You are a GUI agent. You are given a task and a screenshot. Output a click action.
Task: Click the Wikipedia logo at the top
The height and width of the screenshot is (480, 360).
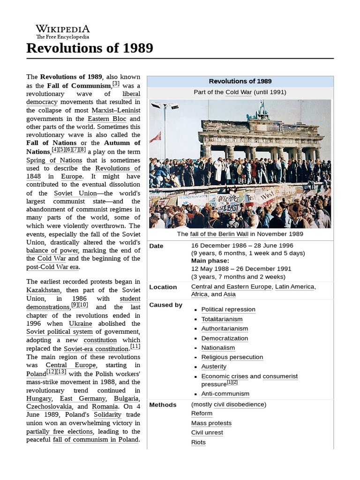(x=63, y=31)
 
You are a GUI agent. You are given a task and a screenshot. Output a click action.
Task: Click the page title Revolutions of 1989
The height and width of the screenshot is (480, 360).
(x=90, y=48)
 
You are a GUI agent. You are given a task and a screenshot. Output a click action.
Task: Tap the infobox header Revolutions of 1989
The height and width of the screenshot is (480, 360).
(x=240, y=81)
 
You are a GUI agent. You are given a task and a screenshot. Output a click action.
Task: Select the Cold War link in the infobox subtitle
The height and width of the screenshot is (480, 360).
(x=239, y=92)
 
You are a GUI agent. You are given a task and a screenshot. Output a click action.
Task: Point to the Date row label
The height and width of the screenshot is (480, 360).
(x=156, y=246)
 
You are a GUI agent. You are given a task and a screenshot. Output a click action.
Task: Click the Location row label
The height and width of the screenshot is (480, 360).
(x=163, y=287)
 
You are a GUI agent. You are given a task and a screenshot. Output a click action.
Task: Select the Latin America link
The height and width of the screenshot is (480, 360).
(x=295, y=287)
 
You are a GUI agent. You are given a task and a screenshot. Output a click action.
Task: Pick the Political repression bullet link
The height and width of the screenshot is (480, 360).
(x=228, y=309)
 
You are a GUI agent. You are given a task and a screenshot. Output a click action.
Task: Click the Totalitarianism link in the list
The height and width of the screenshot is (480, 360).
(x=222, y=319)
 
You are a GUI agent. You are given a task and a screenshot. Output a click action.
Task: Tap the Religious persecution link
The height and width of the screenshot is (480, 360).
(x=232, y=357)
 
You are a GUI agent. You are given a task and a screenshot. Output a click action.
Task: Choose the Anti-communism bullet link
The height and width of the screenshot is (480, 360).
(x=225, y=394)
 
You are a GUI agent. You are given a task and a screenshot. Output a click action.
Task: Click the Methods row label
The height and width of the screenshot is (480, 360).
(x=163, y=405)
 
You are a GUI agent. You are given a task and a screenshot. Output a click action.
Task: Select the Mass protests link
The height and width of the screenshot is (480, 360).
(x=211, y=423)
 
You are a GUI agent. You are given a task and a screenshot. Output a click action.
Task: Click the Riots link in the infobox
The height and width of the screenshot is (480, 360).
(x=198, y=442)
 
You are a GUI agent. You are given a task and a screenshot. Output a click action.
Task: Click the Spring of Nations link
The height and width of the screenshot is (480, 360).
(x=54, y=160)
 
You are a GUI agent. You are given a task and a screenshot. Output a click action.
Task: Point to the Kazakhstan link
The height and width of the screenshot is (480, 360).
(x=44, y=290)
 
